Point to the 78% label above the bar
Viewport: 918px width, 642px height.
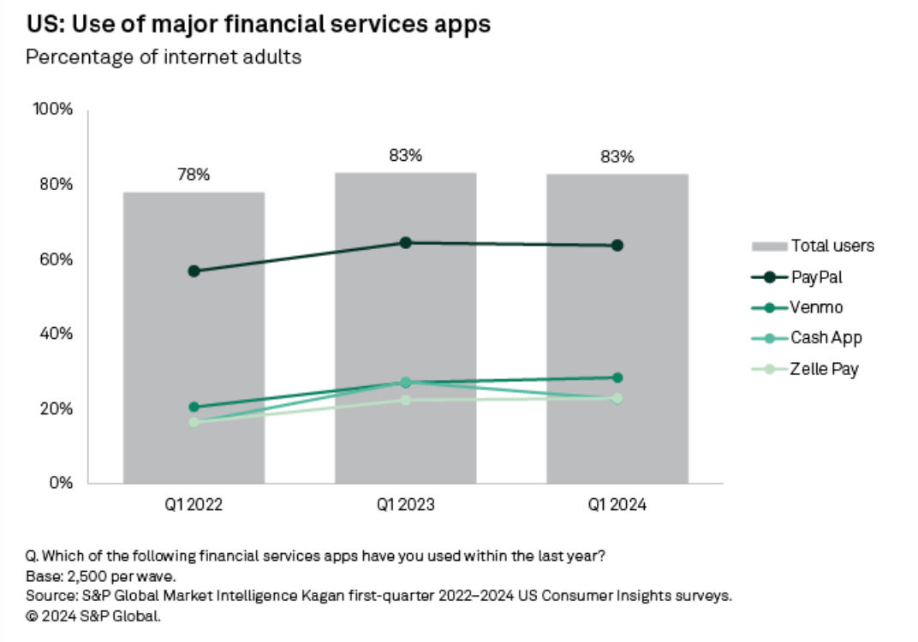click(194, 175)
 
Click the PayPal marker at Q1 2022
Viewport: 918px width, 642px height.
click(194, 271)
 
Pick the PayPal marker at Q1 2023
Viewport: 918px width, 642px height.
click(405, 243)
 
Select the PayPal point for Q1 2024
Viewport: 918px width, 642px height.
click(617, 246)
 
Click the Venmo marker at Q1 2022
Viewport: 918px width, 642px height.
click(194, 407)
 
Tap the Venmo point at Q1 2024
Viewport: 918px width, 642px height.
click(617, 377)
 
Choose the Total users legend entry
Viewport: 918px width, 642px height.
click(814, 247)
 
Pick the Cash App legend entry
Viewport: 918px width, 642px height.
click(805, 338)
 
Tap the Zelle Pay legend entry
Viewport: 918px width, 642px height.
click(805, 369)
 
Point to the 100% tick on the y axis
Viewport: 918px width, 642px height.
click(53, 110)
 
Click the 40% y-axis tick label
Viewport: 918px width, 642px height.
click(56, 334)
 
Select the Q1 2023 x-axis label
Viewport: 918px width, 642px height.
click(405, 506)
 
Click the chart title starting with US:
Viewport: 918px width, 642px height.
click(258, 24)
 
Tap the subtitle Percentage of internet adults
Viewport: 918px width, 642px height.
click(164, 57)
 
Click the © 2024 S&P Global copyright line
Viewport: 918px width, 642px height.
click(93, 615)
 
